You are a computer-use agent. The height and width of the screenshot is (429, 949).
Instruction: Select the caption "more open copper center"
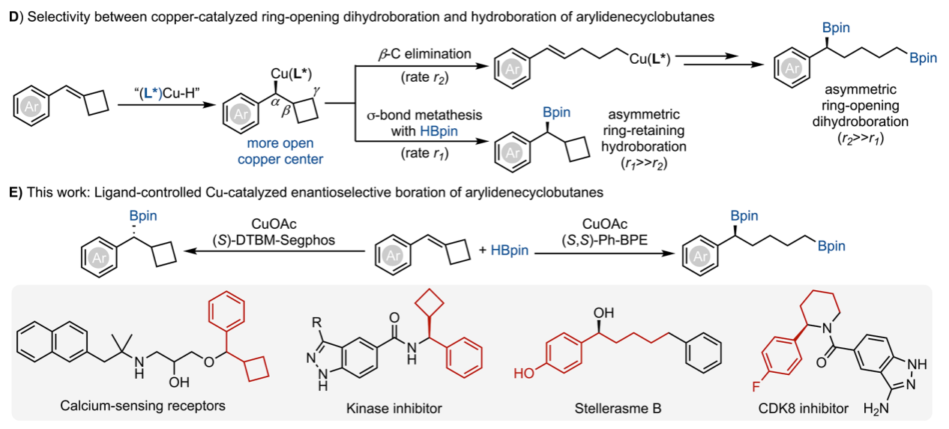tap(280, 150)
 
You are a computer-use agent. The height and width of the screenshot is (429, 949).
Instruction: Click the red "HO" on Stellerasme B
tap(522, 371)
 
